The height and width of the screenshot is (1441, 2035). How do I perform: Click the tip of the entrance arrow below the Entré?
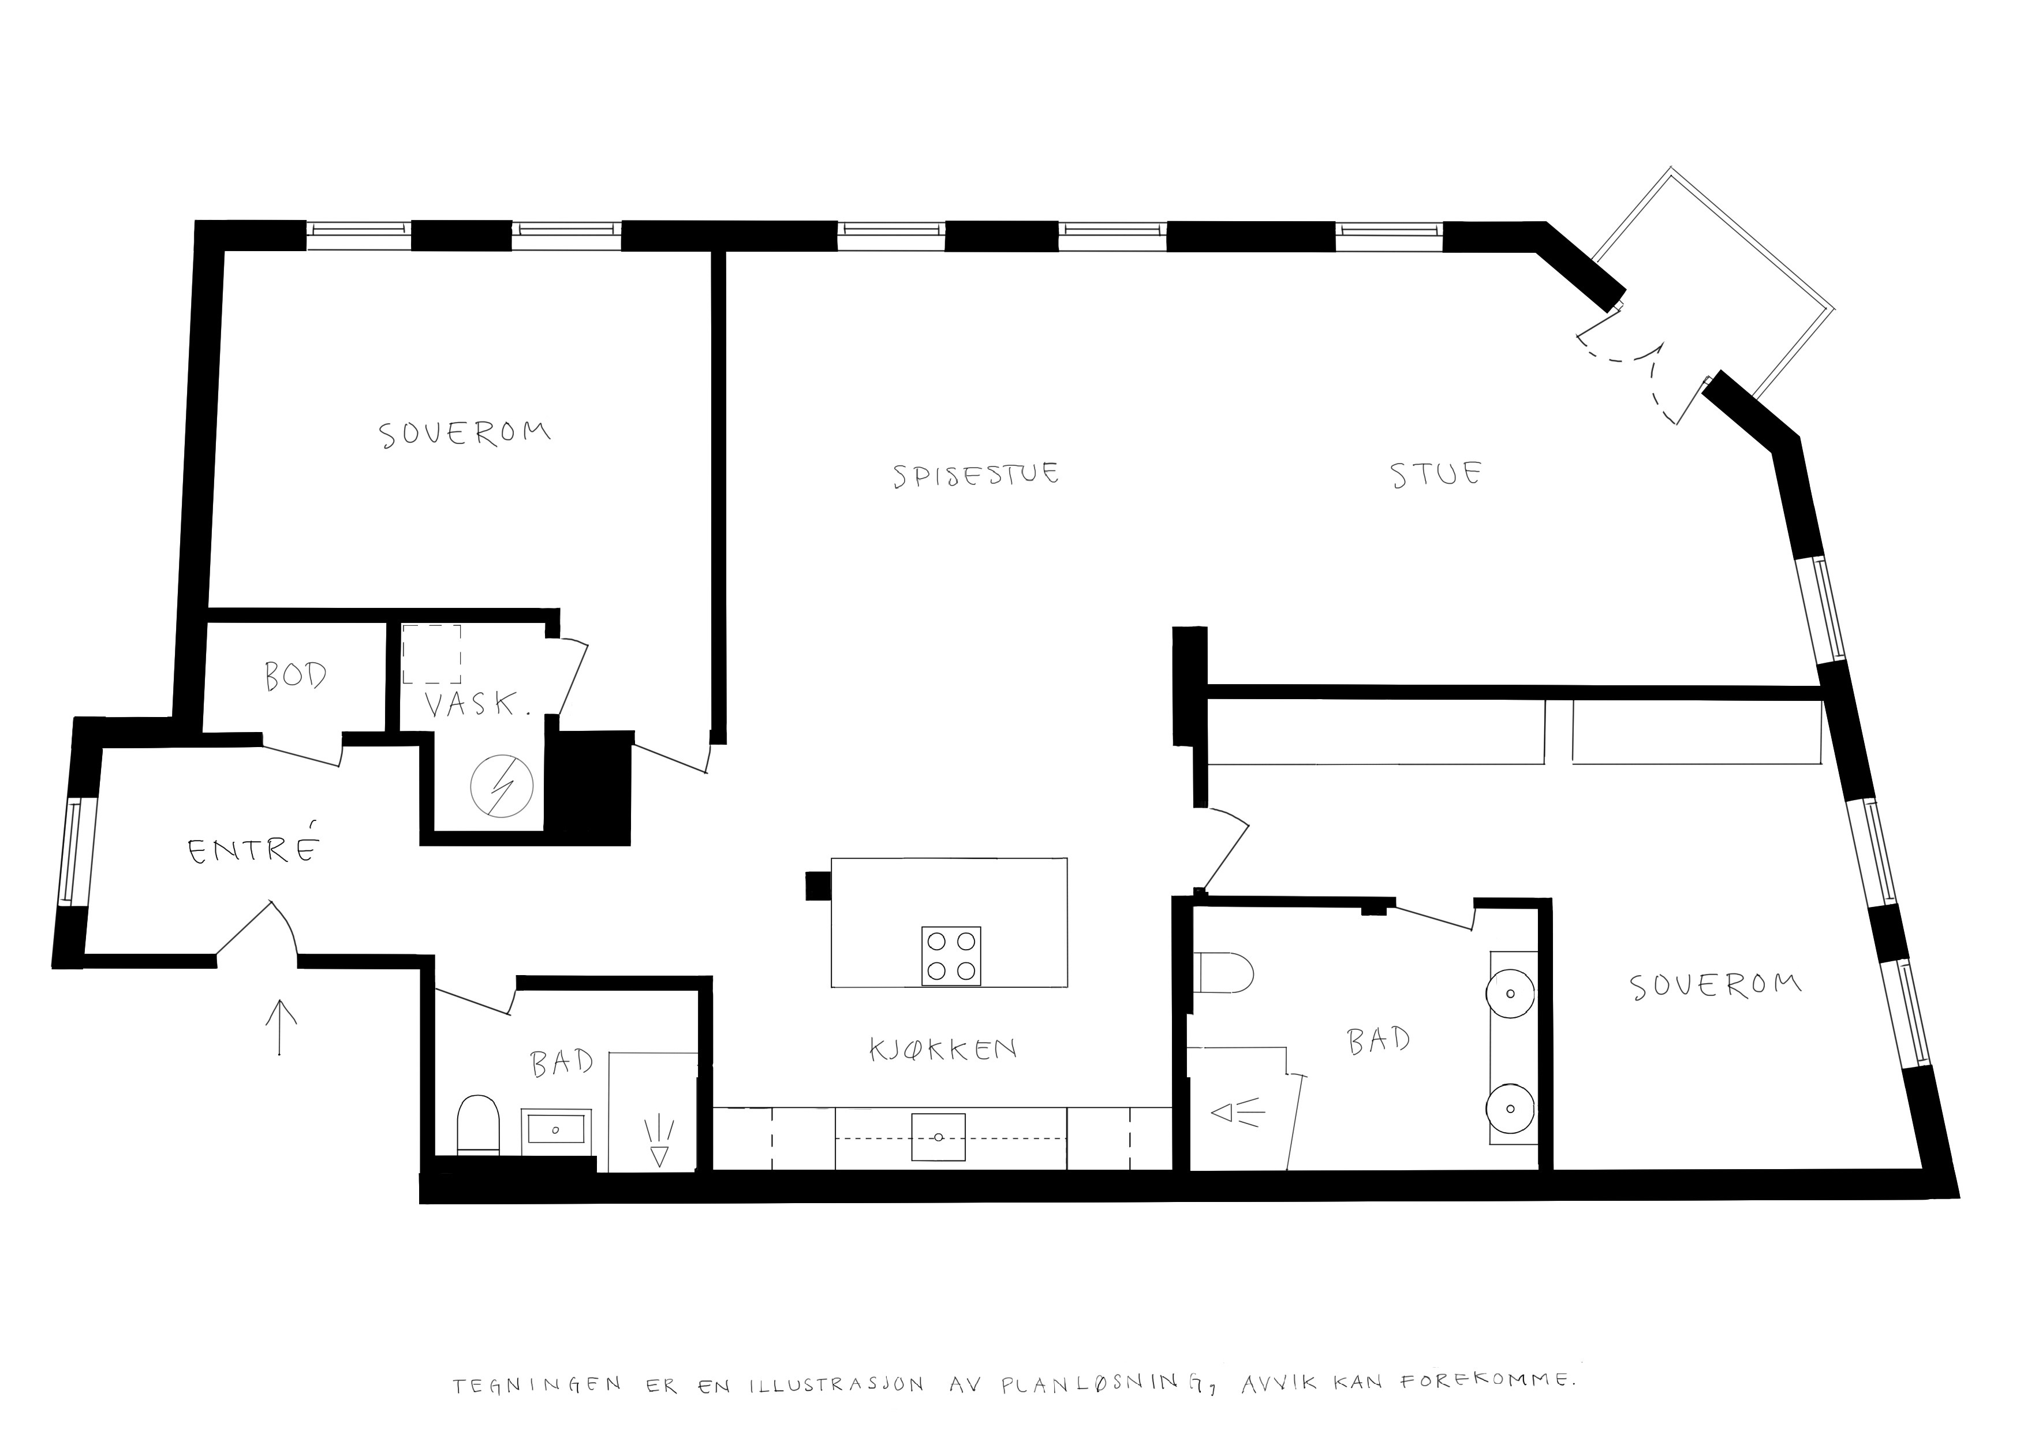(x=281, y=1000)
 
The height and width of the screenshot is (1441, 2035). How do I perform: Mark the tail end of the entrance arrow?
(x=281, y=1055)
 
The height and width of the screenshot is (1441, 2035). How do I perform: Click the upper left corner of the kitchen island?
(x=831, y=858)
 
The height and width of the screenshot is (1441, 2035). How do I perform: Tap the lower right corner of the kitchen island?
(x=1067, y=987)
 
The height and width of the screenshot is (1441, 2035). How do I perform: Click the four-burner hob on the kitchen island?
(x=951, y=955)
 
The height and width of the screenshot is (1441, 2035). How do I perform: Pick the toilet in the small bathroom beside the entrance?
(x=479, y=1125)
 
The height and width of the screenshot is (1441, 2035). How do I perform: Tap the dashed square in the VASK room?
(x=432, y=655)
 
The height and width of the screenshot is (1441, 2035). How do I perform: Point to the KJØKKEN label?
(x=943, y=1050)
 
